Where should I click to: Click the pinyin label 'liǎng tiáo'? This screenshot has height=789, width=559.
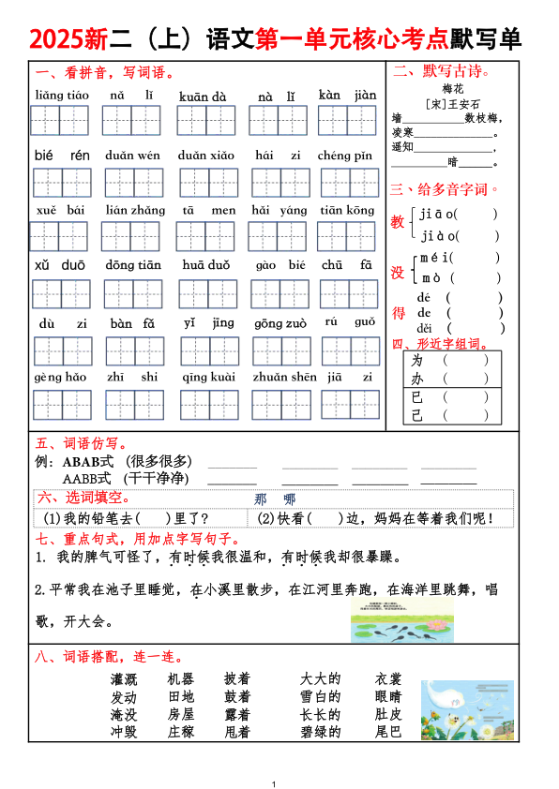coord(62,96)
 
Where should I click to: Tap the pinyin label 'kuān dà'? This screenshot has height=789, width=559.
coord(203,96)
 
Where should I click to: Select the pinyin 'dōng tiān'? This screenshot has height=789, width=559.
coord(133,265)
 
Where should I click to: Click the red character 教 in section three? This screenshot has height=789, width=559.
coord(399,222)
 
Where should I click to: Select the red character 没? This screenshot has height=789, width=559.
coord(399,272)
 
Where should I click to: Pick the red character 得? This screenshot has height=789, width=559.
coord(399,313)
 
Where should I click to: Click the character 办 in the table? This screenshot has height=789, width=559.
coord(418,379)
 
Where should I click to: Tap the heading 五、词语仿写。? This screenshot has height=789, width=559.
coord(83,443)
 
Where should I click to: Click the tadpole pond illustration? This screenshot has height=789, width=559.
coord(401,621)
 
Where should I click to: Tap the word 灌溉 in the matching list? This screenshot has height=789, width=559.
coord(124,679)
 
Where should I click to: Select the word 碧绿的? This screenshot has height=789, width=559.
coord(320,732)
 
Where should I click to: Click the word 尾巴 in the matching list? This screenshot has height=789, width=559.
coord(388,732)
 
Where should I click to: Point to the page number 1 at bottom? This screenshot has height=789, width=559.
coord(273,782)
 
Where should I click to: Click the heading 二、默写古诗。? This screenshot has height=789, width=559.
coord(442,71)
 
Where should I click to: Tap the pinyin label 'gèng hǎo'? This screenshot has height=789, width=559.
coord(61,377)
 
